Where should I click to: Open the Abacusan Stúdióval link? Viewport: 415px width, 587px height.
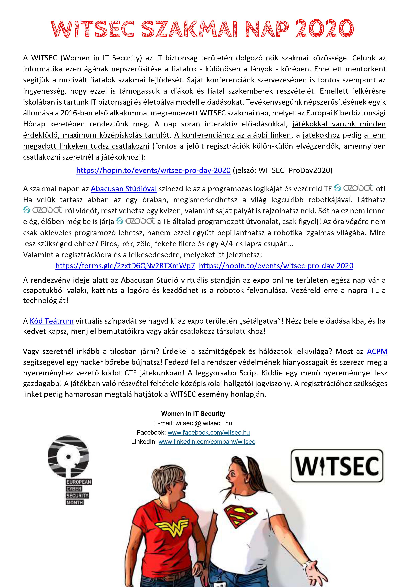[x=124, y=189]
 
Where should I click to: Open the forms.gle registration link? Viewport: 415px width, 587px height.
[x=125, y=266]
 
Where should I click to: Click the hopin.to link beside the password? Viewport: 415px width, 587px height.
[x=153, y=170]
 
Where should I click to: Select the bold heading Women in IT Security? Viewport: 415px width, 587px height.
[x=193, y=414]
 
